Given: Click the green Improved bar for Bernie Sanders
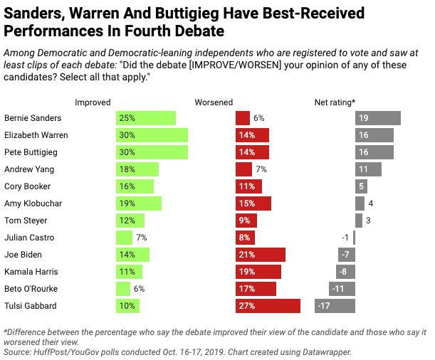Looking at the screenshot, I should [x=145, y=118].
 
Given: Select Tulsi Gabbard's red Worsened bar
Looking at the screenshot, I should [x=268, y=306].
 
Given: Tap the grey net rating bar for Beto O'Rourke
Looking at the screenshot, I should [x=342, y=289].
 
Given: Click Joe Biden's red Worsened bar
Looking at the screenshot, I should [x=260, y=255].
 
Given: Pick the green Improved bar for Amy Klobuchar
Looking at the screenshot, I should [x=138, y=203].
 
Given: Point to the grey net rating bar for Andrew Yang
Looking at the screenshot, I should [x=368, y=169].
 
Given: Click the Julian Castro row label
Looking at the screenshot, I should [x=29, y=238].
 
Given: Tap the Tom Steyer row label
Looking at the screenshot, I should [x=25, y=221].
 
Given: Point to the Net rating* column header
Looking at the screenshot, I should [x=335, y=102].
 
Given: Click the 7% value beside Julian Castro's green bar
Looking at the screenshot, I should [x=141, y=238].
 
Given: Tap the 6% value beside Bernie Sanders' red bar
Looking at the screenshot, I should [x=258, y=118].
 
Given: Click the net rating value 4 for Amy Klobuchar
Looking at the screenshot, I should [x=371, y=203].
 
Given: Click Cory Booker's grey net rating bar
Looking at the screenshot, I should [x=361, y=186].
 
